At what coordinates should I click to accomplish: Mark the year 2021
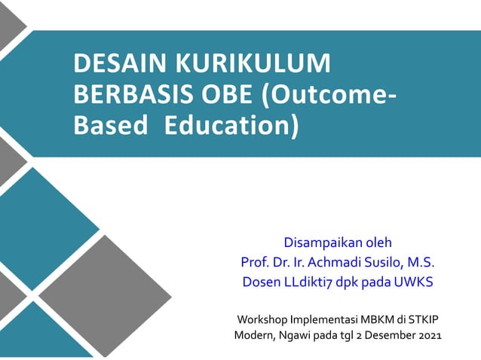point(430,334)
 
